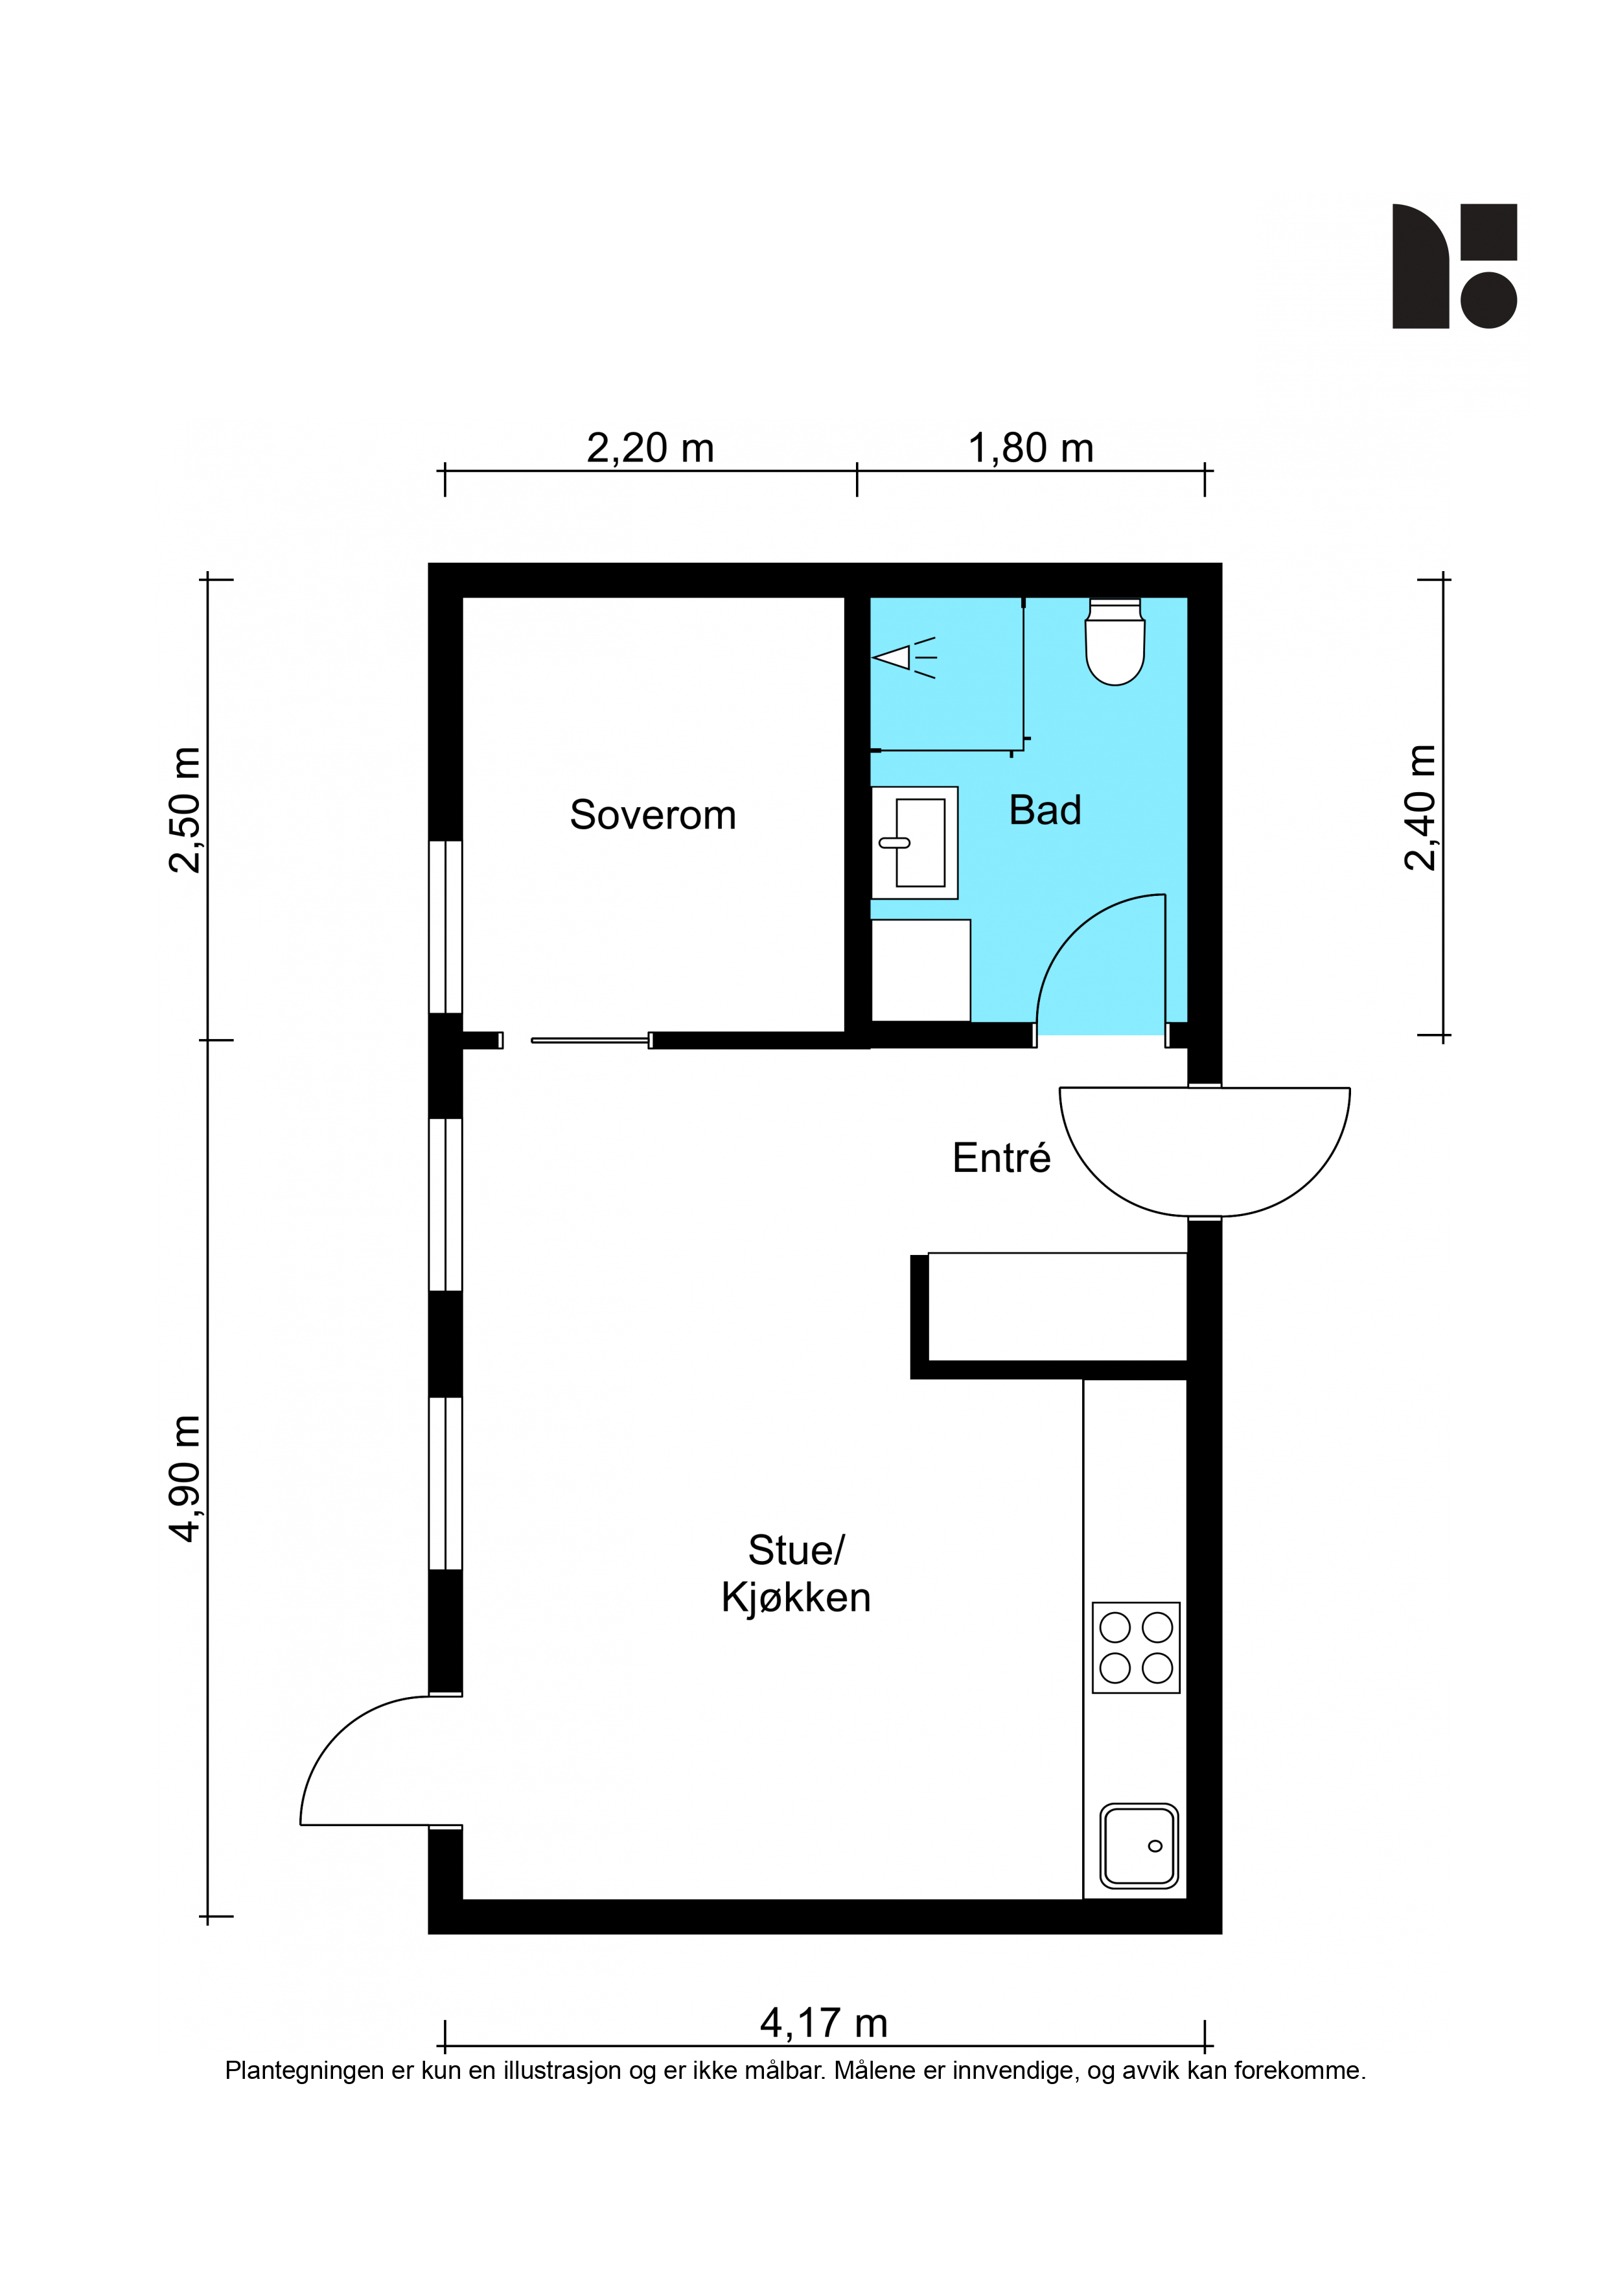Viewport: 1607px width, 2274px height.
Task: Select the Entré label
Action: point(1001,1157)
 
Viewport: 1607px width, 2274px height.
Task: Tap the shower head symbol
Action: point(904,658)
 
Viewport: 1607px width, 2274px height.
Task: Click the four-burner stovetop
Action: point(1136,1648)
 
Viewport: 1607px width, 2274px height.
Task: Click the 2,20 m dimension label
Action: point(651,449)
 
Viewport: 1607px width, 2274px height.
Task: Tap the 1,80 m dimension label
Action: point(1031,449)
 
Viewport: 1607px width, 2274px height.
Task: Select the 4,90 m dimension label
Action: point(185,1479)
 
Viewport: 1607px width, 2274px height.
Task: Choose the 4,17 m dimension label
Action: point(824,2023)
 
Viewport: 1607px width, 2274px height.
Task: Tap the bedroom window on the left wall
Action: point(446,926)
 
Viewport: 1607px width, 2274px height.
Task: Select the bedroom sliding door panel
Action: point(591,1040)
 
